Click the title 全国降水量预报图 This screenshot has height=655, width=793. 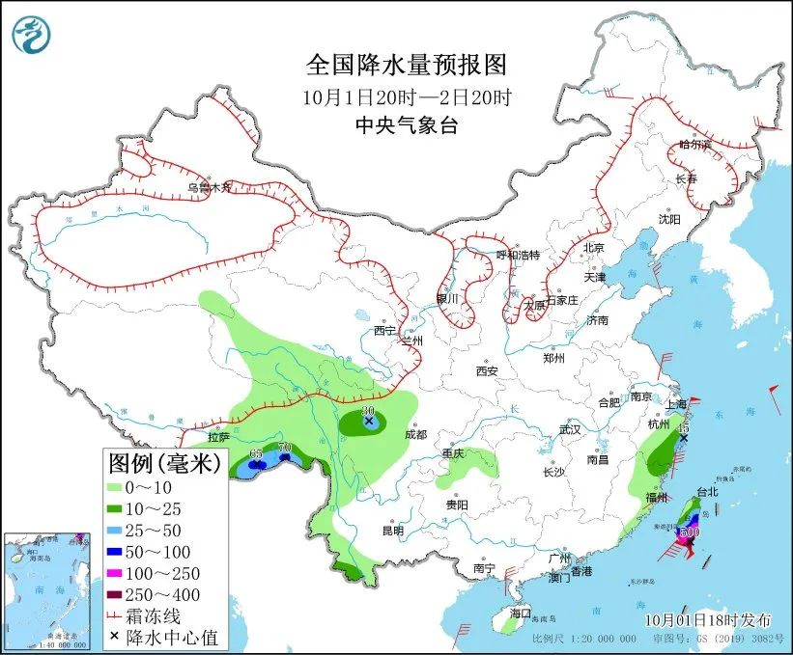(x=406, y=65)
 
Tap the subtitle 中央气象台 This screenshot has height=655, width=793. (x=406, y=123)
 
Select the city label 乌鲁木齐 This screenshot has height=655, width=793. (x=210, y=189)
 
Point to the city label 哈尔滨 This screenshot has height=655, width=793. (x=694, y=145)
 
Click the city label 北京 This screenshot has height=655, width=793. (x=593, y=248)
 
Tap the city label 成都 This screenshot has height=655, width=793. (x=415, y=434)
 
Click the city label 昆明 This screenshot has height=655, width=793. (x=392, y=530)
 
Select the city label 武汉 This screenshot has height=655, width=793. (x=570, y=429)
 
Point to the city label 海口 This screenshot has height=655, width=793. (x=521, y=613)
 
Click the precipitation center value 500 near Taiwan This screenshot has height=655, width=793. (x=690, y=532)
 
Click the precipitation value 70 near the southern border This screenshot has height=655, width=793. (x=284, y=447)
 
